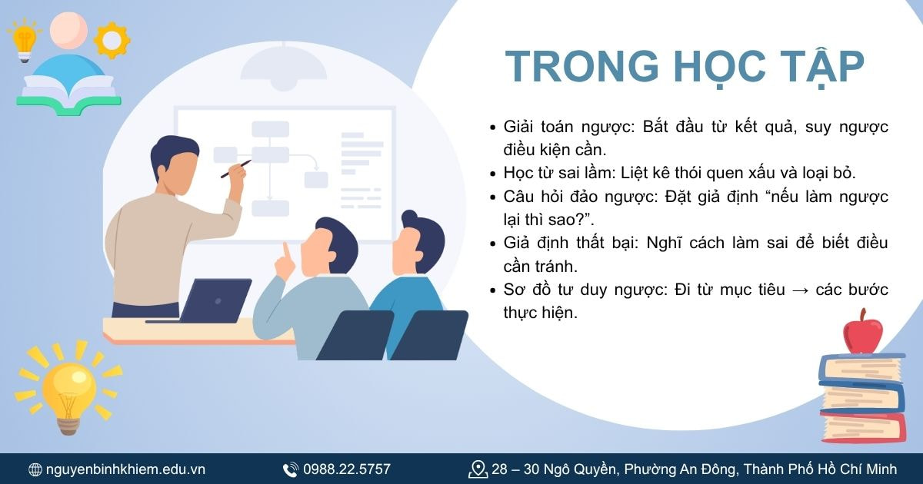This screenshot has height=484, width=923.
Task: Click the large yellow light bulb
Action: [x=68, y=384]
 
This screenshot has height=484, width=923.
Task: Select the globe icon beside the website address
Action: [x=35, y=469]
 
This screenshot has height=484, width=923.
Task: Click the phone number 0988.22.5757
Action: [x=346, y=469]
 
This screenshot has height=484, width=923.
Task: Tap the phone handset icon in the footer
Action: [x=291, y=469]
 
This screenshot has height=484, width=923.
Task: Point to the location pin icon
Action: [x=478, y=469]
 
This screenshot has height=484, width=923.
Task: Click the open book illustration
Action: [x=69, y=91]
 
